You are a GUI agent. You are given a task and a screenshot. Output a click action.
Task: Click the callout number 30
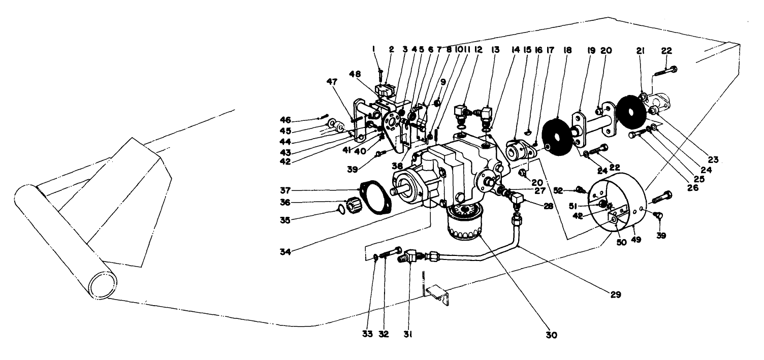(551, 335)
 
